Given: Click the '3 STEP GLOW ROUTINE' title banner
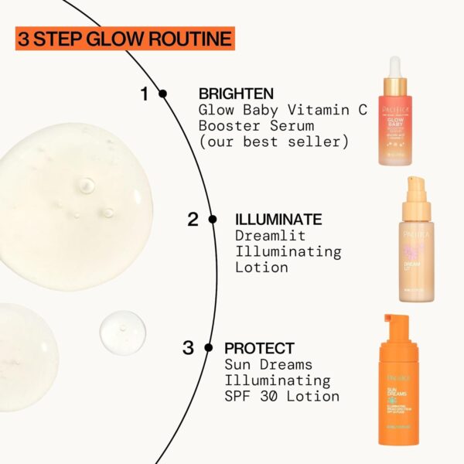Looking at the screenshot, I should coord(124,38).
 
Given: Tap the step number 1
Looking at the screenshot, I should coord(144,94).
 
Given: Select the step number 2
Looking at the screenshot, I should coord(193,219).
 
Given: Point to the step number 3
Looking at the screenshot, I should coord(188,348).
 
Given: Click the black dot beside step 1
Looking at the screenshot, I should coord(162,94).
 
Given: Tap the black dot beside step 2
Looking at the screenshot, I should coord(213,220).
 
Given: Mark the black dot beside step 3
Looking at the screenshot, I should coord(208,348).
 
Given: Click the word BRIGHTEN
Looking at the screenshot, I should coord(233,94).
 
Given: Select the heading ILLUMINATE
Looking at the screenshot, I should coord(278,220).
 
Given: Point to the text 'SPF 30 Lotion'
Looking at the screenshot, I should coord(281,397).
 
